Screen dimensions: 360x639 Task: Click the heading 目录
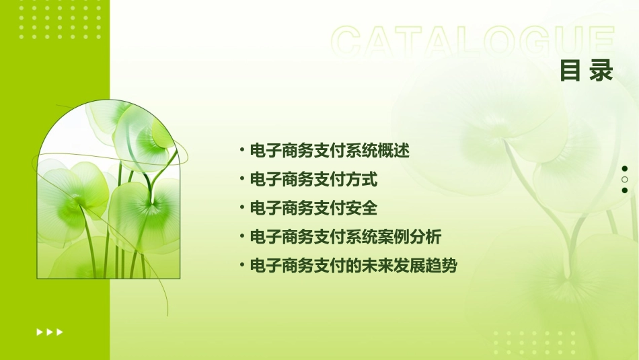tap(587, 70)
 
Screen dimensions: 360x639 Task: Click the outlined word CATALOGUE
tap(472, 41)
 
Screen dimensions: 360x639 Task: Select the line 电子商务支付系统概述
tap(330, 151)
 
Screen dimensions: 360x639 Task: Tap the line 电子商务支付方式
tap(313, 180)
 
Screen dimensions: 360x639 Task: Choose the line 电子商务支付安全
tap(313, 208)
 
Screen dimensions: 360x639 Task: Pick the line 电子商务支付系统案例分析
tap(346, 237)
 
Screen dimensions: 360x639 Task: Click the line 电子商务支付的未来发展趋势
tap(353, 266)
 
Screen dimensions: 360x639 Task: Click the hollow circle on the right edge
tap(625, 180)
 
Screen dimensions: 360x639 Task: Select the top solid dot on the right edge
tap(625, 169)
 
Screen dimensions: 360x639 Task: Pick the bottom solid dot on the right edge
tap(625, 190)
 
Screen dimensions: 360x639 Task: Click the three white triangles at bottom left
tap(50, 332)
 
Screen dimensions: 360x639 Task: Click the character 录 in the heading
tap(601, 70)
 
